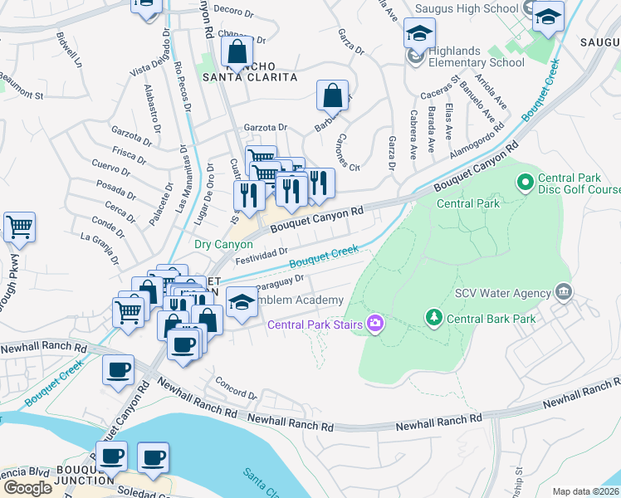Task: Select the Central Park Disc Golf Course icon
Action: tap(525, 180)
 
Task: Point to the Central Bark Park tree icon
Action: tap(432, 317)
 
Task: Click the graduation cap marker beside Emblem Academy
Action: tap(242, 302)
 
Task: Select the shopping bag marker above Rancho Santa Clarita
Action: tap(237, 51)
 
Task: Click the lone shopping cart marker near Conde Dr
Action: tap(19, 226)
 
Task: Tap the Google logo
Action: tap(27, 487)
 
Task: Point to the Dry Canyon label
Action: tap(222, 244)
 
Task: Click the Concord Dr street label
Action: tap(237, 388)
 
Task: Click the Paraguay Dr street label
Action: tap(287, 283)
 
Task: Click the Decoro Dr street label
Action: tap(232, 11)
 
